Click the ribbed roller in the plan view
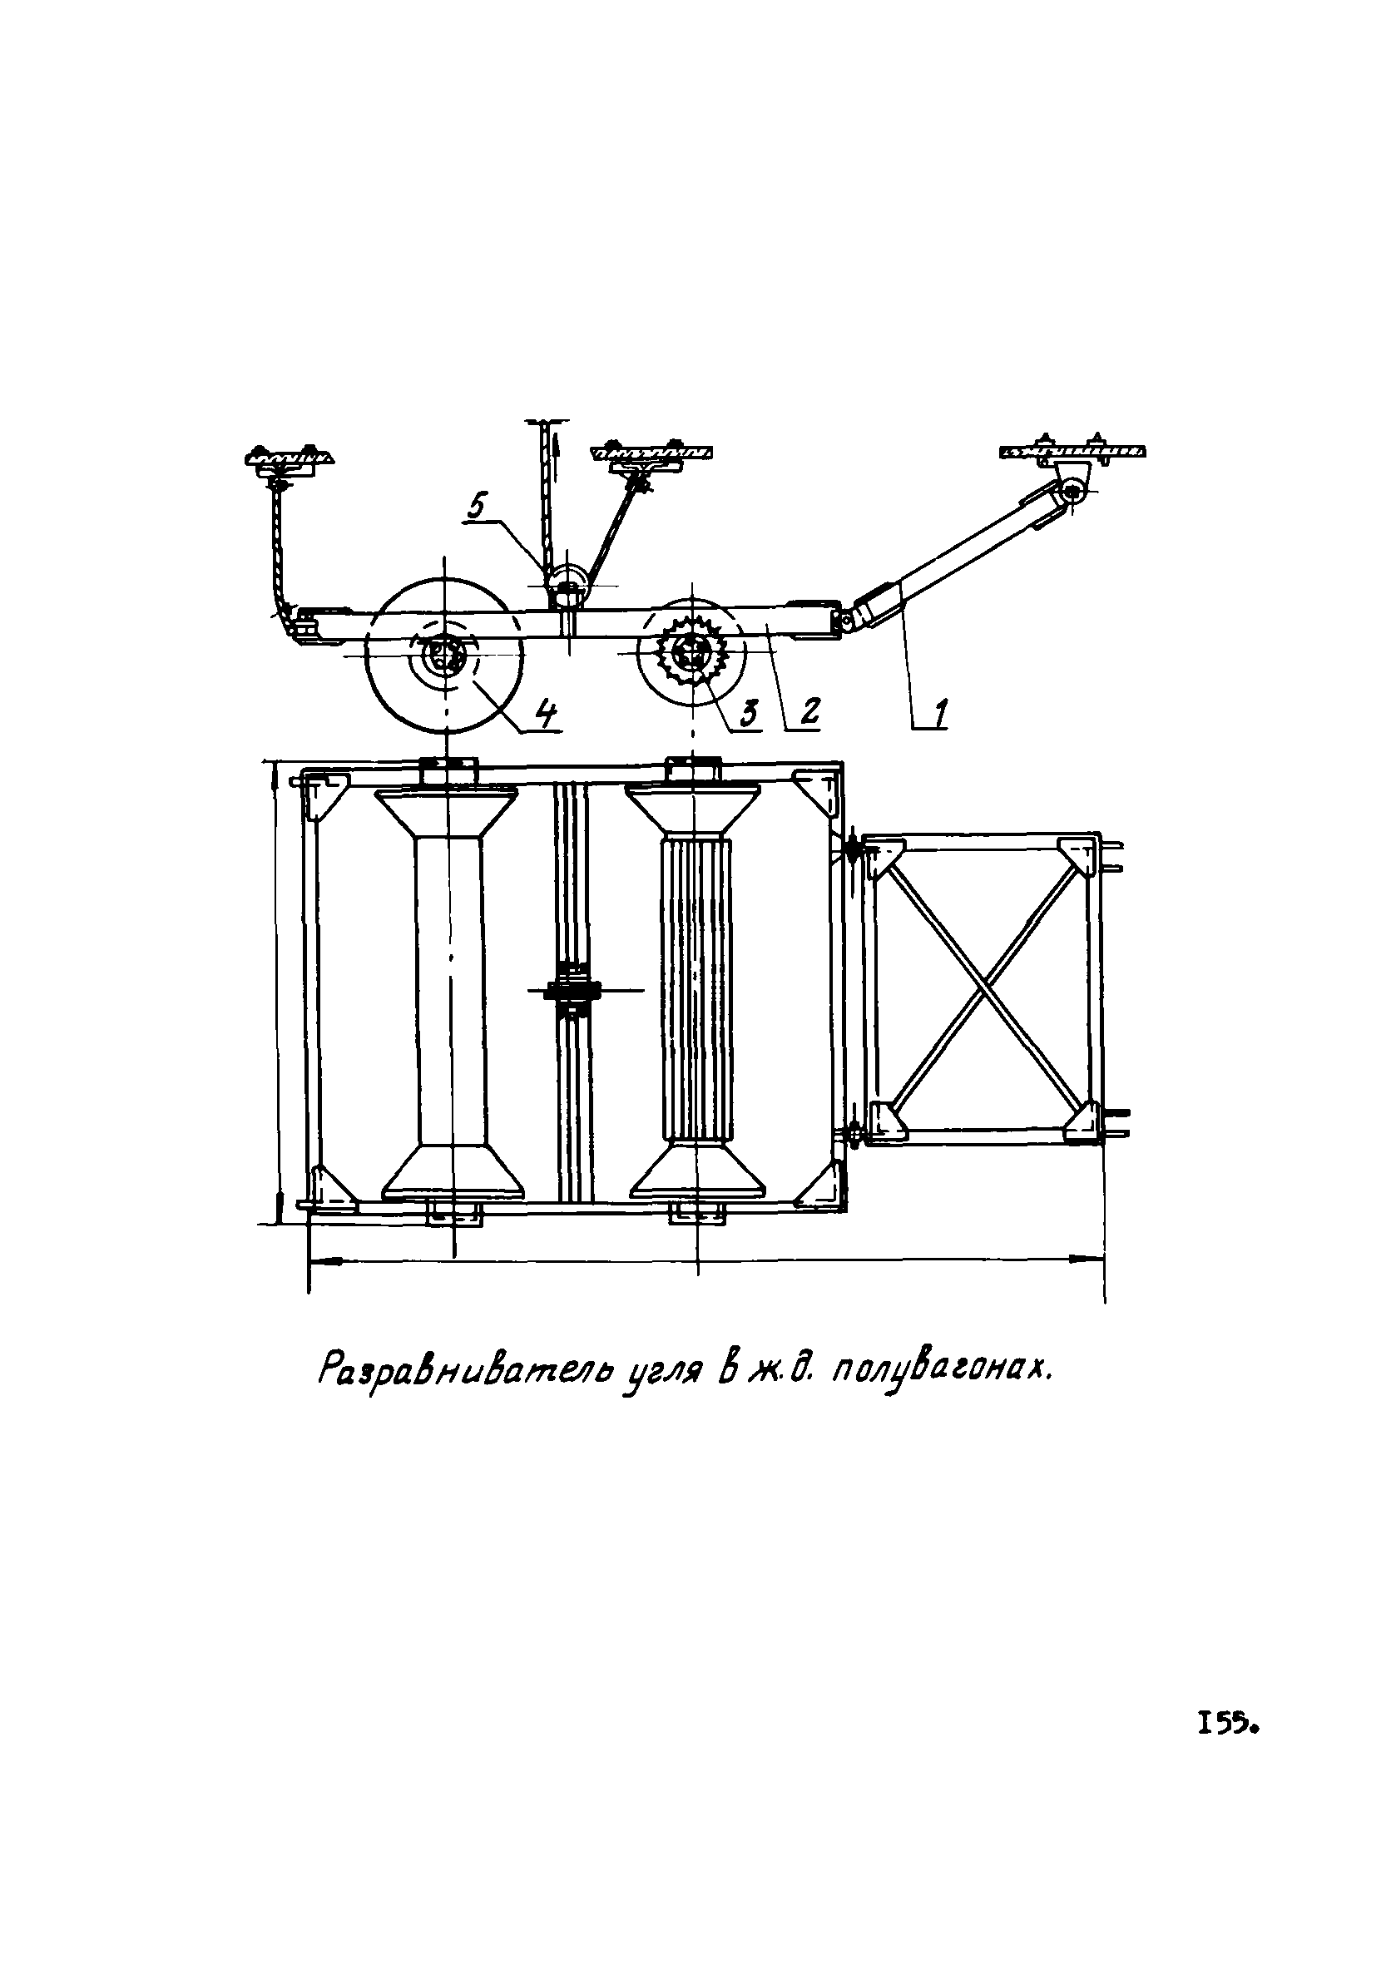pos(695,988)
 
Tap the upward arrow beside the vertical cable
pos(557,447)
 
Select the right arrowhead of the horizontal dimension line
pos(1092,1260)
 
